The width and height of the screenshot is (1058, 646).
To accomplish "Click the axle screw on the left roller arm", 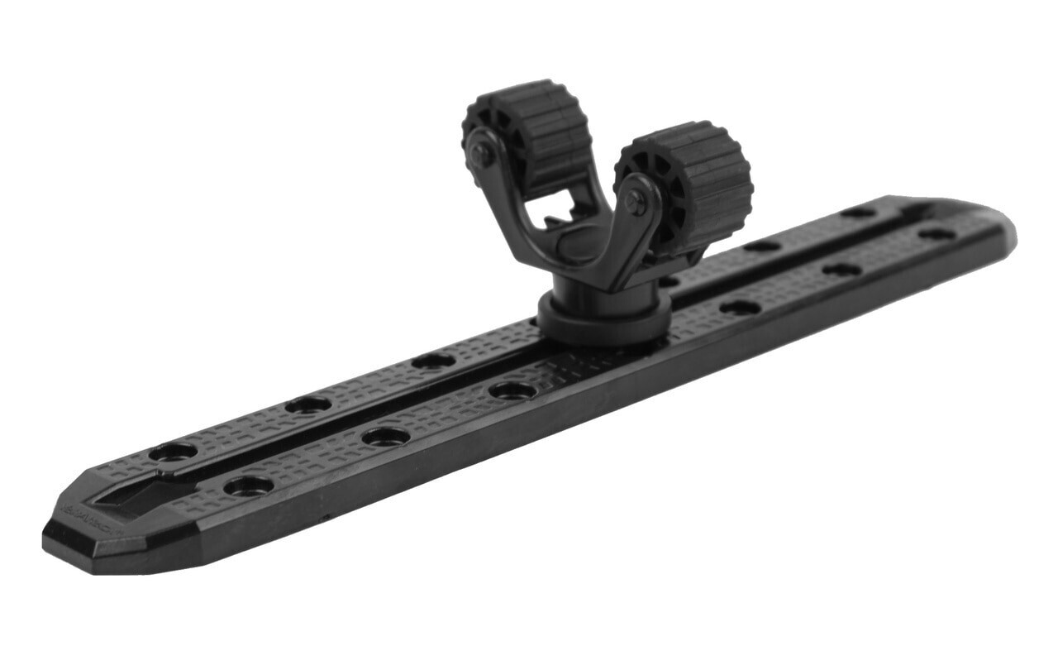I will click(x=481, y=154).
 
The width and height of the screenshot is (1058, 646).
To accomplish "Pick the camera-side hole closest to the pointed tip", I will click(x=248, y=485).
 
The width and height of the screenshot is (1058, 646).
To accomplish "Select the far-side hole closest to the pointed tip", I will click(x=174, y=452).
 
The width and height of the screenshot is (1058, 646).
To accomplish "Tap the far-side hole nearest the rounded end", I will click(x=859, y=212).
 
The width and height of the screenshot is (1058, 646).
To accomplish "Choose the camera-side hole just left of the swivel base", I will click(x=512, y=390).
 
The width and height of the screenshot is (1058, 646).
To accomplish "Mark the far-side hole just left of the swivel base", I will click(x=433, y=361).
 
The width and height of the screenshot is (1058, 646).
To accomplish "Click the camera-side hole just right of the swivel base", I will click(x=740, y=307).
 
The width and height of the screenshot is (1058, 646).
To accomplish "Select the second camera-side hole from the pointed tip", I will click(x=386, y=436).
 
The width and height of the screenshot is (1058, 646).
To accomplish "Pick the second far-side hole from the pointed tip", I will click(x=308, y=404).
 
